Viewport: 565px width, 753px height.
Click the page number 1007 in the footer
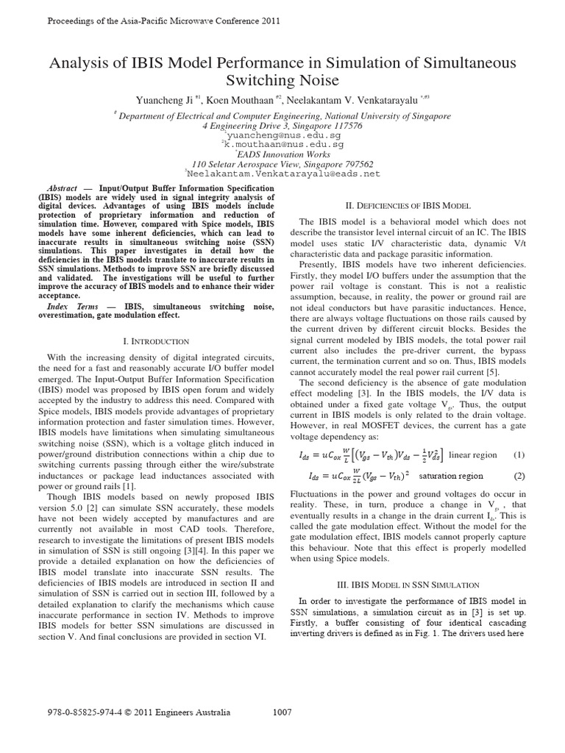click(282, 712)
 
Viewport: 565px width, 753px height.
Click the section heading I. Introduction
click(156, 341)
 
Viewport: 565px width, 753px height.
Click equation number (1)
click(519, 455)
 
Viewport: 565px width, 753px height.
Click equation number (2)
click(519, 476)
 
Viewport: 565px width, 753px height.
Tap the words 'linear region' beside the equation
click(472, 455)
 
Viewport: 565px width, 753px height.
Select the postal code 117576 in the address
click(343, 126)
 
